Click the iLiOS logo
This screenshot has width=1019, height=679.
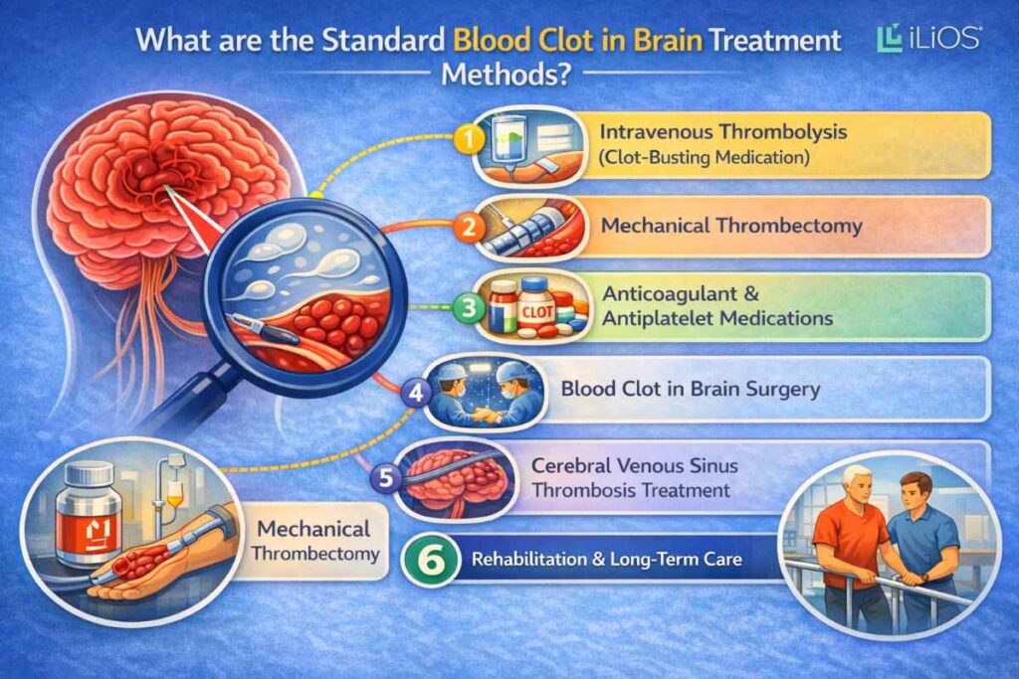pos(929,39)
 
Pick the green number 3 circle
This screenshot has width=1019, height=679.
pos(465,307)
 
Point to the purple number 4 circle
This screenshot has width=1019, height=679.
pos(415,391)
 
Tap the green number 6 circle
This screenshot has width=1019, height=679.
pos(427,560)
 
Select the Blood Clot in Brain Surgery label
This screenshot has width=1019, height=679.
pos(691,389)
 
